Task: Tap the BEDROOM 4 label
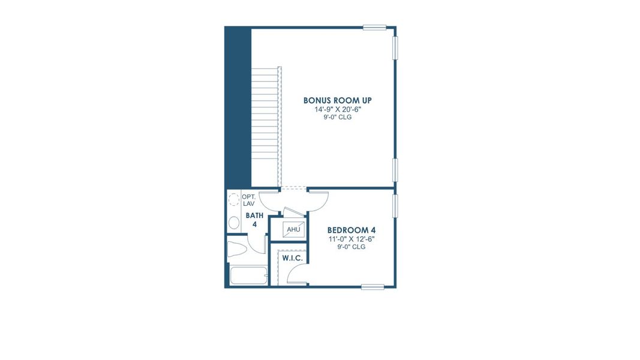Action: (351, 230)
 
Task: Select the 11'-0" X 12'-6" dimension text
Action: (351, 239)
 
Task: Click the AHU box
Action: (293, 230)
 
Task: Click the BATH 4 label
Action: (254, 220)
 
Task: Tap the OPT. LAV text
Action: (248, 200)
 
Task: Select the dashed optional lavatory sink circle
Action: (234, 200)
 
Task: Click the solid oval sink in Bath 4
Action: (234, 223)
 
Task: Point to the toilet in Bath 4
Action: (237, 250)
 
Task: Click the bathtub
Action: (248, 277)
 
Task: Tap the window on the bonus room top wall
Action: (374, 27)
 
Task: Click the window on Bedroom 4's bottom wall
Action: (372, 287)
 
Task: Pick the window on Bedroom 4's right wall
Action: (395, 206)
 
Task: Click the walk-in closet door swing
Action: (296, 275)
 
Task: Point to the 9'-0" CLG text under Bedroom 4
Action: (351, 247)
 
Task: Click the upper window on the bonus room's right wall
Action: (395, 48)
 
